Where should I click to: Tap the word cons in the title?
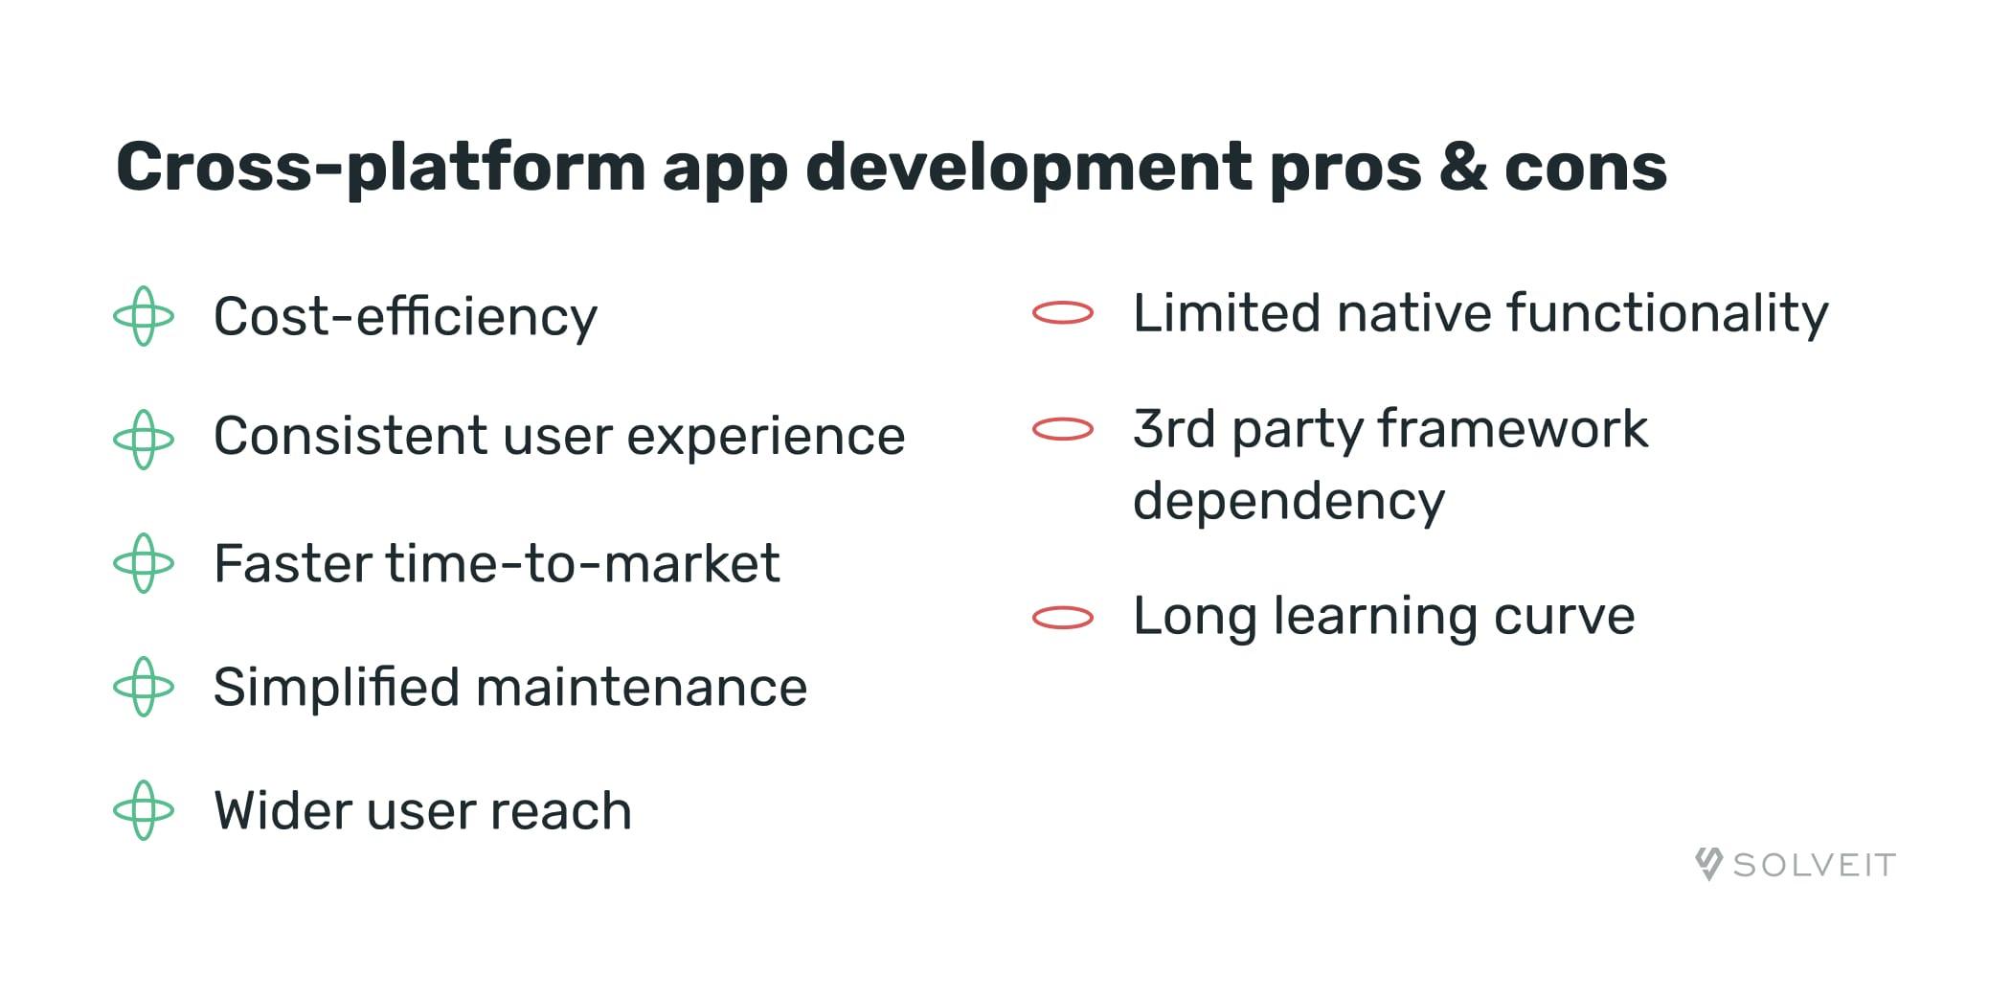1585,169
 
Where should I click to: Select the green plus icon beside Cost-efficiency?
144,316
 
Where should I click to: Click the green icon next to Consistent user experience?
144,440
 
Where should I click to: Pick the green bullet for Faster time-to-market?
144,563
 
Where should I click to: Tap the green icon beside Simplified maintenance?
144,687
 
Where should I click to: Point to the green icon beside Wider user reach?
144,810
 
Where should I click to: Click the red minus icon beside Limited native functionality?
1063,313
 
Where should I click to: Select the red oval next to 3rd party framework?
1063,429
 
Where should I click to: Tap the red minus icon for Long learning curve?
1063,618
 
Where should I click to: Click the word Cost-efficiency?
405,317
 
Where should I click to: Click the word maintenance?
641,688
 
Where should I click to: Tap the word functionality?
1667,314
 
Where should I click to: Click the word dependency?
1288,502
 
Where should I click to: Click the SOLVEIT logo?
1795,865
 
